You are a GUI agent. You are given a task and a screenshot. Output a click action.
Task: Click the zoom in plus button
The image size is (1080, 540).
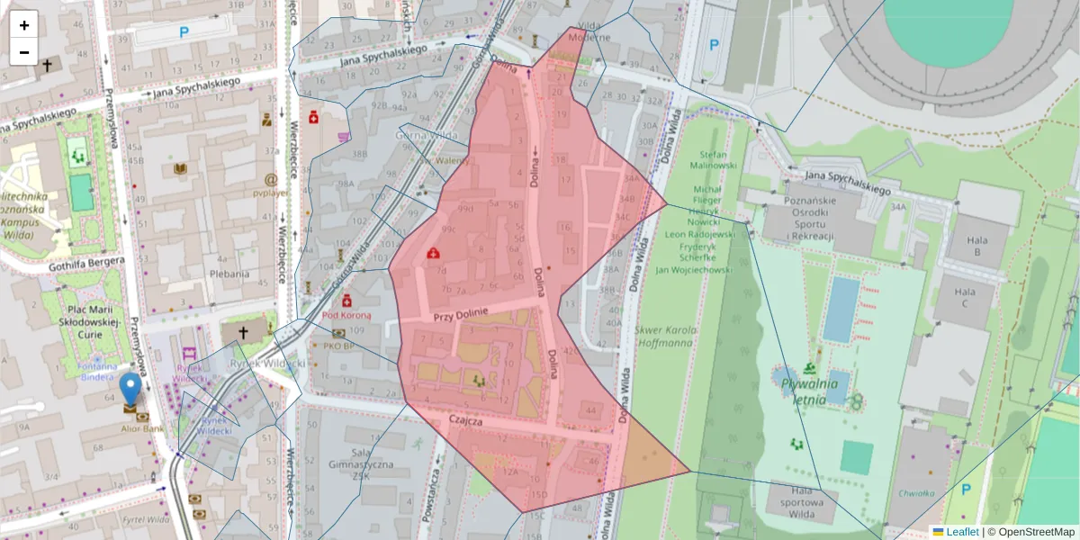point(24,25)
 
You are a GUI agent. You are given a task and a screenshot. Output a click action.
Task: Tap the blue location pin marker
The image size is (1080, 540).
point(130,389)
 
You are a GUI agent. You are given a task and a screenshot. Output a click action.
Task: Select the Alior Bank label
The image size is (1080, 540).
point(130,429)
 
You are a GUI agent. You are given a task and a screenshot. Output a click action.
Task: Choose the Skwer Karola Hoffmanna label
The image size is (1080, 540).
point(665,336)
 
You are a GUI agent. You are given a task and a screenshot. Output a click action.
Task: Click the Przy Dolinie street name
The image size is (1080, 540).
point(460,314)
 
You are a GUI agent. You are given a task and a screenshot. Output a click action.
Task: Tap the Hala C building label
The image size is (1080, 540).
point(965,298)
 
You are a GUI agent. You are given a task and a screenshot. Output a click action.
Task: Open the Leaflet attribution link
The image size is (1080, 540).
point(962,532)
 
